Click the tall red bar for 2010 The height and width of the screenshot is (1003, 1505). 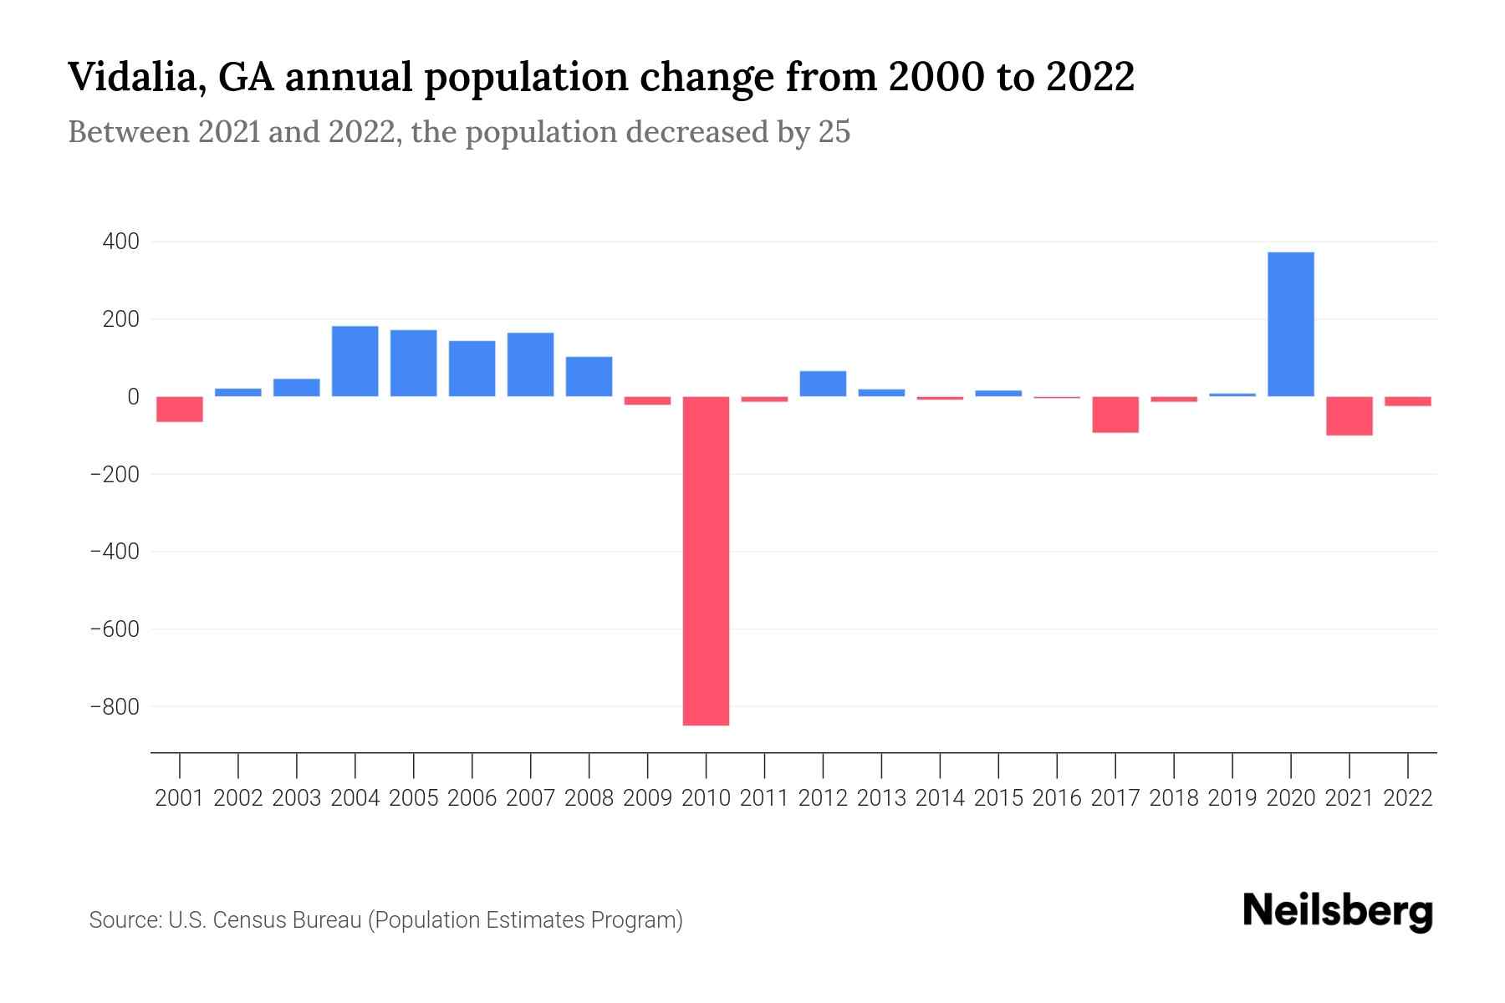click(706, 560)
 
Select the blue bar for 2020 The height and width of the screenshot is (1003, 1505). click(1290, 324)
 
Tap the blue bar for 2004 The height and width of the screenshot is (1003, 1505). click(355, 361)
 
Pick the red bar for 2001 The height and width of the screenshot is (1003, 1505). click(180, 409)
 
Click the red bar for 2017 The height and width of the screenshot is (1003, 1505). click(1115, 415)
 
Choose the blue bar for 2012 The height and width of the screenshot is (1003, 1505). click(823, 384)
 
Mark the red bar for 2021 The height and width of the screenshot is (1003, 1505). click(1349, 415)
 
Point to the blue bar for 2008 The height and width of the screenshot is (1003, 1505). click(589, 376)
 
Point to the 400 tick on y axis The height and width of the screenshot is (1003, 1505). click(120, 242)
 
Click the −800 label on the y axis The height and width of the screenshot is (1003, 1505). click(115, 707)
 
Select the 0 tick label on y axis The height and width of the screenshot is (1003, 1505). click(132, 397)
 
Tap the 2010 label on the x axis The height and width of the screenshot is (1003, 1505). click(706, 798)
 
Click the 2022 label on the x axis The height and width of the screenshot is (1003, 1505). click(1408, 798)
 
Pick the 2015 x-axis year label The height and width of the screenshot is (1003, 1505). click(998, 798)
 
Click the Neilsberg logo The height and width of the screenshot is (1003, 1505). click(1338, 911)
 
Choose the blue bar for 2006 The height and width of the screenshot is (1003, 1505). click(472, 369)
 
